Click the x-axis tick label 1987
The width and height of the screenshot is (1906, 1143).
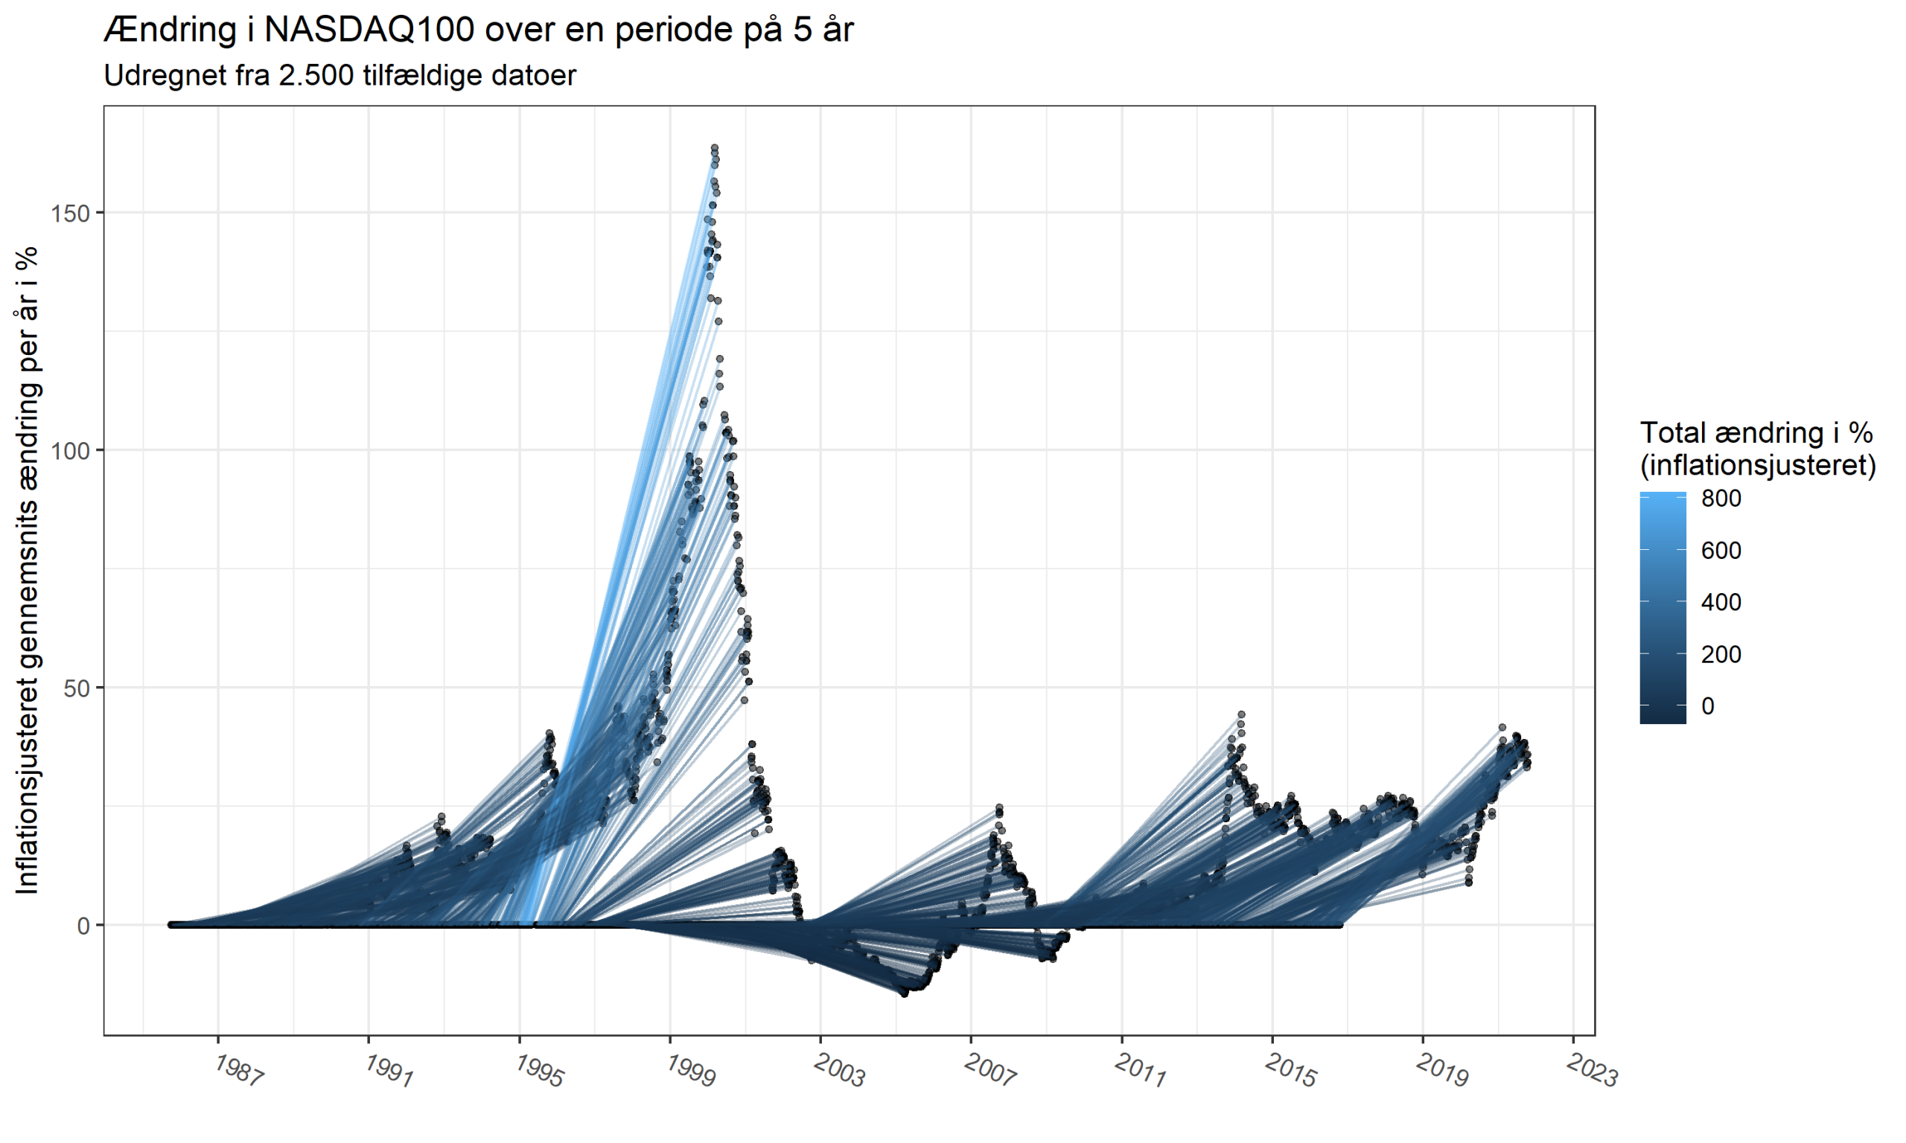click(239, 1071)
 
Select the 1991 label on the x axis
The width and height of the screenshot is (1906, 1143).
click(389, 1071)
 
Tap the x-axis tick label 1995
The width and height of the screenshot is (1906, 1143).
click(539, 1071)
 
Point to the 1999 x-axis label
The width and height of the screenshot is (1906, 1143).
click(690, 1071)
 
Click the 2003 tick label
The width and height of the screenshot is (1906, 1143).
click(840, 1071)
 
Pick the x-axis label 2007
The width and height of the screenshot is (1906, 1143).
click(990, 1071)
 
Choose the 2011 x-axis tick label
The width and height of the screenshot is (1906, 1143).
click(1140, 1071)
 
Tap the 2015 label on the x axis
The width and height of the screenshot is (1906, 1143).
click(1290, 1071)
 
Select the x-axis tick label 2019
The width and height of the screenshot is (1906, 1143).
click(1441, 1071)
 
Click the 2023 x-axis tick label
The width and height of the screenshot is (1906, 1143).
click(1592, 1071)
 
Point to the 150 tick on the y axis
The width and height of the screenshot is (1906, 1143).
click(71, 214)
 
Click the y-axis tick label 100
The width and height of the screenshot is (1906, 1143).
click(71, 450)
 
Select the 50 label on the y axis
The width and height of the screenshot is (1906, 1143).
click(77, 688)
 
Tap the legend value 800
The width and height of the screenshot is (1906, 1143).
click(1721, 499)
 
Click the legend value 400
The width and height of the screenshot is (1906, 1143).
click(1721, 602)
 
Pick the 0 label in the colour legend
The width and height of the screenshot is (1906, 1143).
click(1708, 706)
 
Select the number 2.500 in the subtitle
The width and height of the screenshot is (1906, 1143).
click(316, 75)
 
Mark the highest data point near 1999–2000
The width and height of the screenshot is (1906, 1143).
click(714, 147)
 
